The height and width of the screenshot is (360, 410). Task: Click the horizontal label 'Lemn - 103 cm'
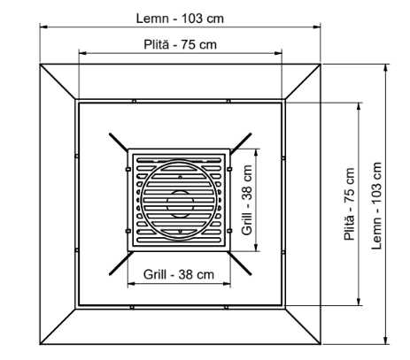coord(181,17)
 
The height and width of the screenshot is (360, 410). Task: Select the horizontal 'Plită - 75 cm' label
coord(181,43)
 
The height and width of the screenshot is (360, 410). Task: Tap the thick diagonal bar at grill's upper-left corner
coord(119,142)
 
